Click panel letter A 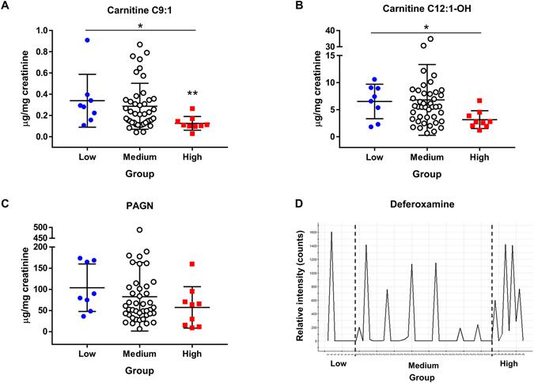tap(6, 6)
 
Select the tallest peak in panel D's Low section tap(331, 233)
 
